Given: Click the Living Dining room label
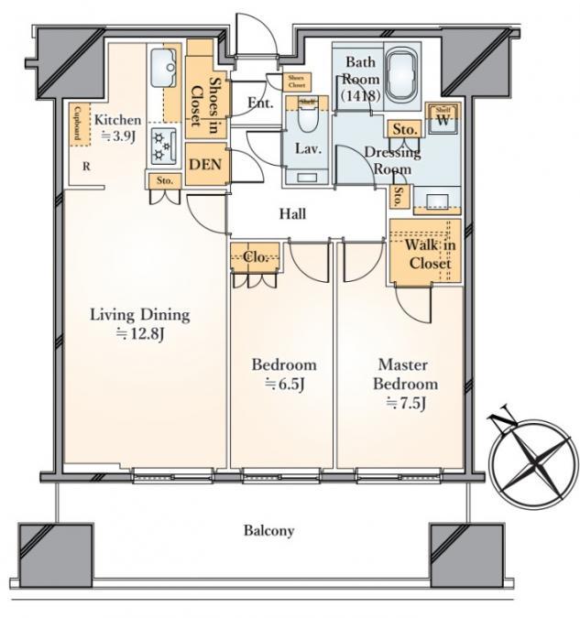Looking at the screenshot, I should click(139, 324).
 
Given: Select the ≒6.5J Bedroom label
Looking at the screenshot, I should click(284, 374).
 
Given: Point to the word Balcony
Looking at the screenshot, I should click(268, 530).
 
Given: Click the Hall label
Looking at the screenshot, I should click(292, 214).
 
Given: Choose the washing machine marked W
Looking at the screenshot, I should click(443, 120).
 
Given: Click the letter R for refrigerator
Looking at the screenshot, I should click(85, 167).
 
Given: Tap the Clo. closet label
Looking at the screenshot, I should click(256, 258).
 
